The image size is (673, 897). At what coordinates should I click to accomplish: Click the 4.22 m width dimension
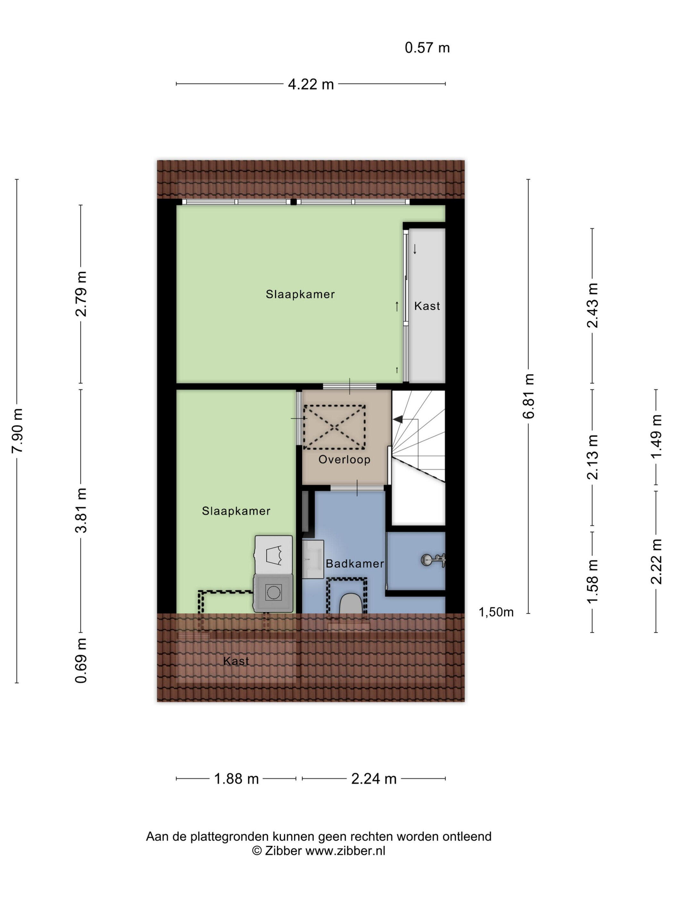coord(311,84)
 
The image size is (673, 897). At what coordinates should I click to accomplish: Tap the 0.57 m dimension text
coord(427,48)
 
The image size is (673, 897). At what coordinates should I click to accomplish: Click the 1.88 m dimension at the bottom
coord(236,778)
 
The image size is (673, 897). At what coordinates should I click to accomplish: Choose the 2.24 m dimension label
coord(374,778)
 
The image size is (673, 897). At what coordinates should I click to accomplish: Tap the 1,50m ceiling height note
coord(496,612)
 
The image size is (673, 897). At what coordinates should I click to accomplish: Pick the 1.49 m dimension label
coord(656,436)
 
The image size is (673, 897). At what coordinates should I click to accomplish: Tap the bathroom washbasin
coord(313,559)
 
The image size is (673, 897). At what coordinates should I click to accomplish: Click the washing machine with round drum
coord(273,593)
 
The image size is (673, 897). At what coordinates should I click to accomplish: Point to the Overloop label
coord(345,459)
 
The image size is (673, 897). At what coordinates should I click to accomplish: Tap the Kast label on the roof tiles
coord(236,661)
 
